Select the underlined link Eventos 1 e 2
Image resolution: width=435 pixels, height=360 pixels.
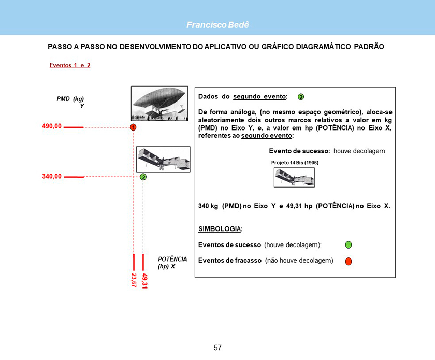tap(70, 65)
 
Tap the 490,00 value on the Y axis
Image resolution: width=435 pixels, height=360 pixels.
tap(52, 126)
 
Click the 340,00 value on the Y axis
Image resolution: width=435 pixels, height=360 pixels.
tap(52, 176)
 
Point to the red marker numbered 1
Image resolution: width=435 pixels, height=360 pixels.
tap(133, 127)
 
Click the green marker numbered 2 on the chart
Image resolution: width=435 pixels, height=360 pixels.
tap(143, 177)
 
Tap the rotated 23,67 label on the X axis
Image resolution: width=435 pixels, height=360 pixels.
tap(134, 280)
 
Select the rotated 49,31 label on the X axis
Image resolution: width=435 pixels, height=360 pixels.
tap(145, 281)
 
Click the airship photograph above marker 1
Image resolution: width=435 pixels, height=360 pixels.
tap(160, 103)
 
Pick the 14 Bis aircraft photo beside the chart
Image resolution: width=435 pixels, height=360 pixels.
tap(163, 159)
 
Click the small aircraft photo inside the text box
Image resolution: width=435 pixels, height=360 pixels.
tap(294, 178)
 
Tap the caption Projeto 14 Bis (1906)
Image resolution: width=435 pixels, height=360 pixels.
tap(295, 163)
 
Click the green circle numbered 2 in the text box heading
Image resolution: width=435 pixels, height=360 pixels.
tap(300, 97)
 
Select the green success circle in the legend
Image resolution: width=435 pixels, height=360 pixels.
tap(349, 244)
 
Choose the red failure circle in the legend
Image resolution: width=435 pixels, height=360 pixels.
tap(349, 261)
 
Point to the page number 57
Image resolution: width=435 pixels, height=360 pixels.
tap(218, 348)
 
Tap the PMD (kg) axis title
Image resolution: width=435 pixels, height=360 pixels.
tap(70, 98)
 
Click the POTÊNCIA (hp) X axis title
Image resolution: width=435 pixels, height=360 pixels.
tap(172, 262)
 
